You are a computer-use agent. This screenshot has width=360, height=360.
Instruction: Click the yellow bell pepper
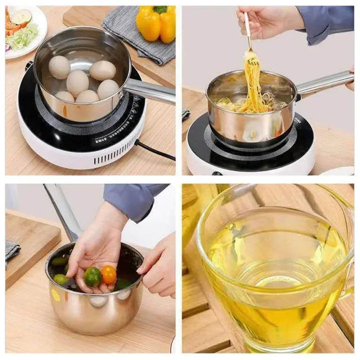[x=156, y=22]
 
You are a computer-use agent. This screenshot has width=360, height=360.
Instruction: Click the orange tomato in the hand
[x=108, y=274]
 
